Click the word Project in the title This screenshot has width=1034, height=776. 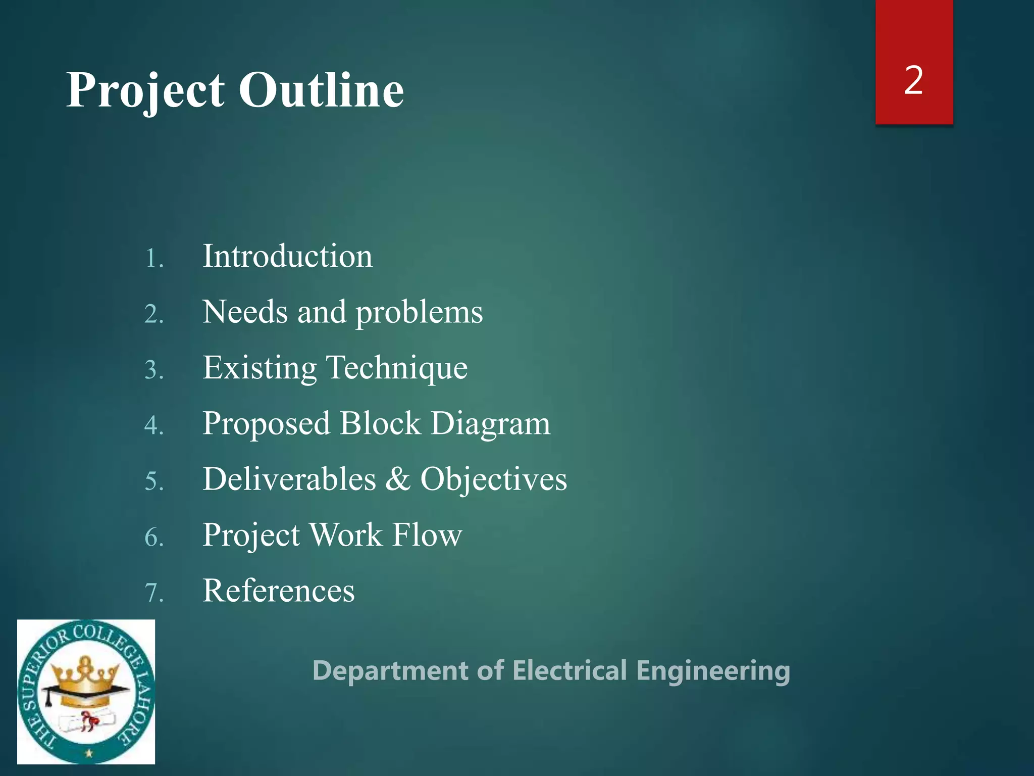145,91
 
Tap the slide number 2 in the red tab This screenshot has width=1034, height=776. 913,80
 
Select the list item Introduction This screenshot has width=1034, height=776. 287,256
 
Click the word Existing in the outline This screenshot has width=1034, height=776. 260,368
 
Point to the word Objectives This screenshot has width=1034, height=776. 494,480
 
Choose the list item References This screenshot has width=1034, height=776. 279,591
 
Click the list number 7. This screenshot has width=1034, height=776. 153,593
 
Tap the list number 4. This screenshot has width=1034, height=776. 153,425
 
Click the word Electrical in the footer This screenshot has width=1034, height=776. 570,671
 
